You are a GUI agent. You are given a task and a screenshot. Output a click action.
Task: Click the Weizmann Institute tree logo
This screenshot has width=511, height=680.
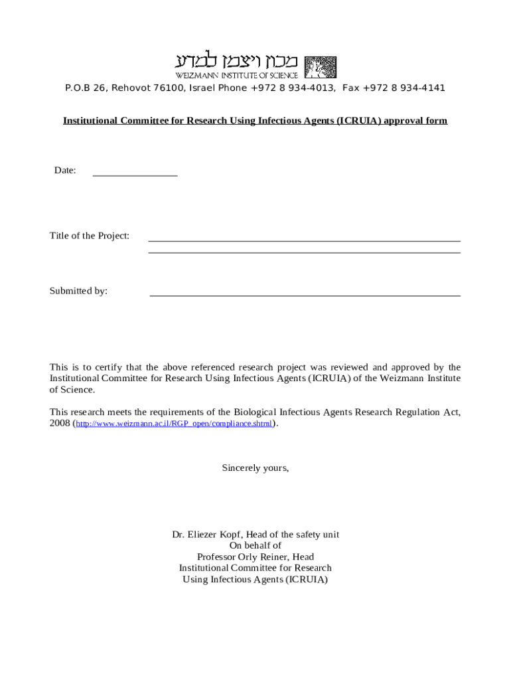click(x=320, y=66)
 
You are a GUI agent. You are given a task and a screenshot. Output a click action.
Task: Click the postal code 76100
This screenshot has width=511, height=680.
click(x=169, y=88)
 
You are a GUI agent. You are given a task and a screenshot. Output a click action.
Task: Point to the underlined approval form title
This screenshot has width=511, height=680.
click(x=255, y=121)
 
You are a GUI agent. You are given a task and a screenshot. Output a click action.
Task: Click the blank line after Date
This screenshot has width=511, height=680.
click(x=135, y=175)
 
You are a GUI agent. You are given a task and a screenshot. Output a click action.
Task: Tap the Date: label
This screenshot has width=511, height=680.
click(x=65, y=171)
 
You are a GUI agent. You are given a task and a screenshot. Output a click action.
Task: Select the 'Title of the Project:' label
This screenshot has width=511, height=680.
click(x=90, y=236)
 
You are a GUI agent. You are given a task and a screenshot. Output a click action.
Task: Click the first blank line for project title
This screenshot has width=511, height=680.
click(x=304, y=240)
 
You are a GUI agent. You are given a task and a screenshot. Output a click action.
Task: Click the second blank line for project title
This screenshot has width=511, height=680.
click(x=304, y=252)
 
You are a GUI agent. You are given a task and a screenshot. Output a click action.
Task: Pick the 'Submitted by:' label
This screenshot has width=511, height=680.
click(x=78, y=291)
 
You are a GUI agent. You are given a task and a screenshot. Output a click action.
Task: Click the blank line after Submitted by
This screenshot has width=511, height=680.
click(x=305, y=296)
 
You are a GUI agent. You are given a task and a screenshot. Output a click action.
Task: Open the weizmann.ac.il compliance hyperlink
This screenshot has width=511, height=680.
click(x=174, y=424)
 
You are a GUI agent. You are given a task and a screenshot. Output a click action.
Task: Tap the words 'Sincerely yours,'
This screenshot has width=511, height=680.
click(x=256, y=468)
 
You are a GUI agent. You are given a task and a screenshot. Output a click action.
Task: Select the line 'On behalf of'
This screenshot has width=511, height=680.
click(x=256, y=546)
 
